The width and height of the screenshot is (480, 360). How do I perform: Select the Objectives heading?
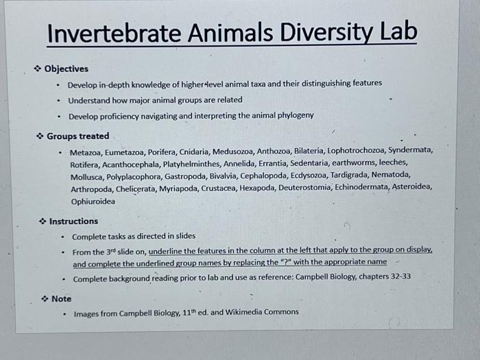point(66,69)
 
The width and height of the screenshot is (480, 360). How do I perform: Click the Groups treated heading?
point(77,136)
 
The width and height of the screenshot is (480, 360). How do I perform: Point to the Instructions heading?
point(73,221)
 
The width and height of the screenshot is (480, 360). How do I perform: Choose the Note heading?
point(61,298)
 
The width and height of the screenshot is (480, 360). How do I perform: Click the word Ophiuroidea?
point(93,202)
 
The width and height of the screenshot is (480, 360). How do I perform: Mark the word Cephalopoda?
point(263,176)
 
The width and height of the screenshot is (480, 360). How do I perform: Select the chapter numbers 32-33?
point(397,278)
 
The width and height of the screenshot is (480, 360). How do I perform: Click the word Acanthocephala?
point(134,163)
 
